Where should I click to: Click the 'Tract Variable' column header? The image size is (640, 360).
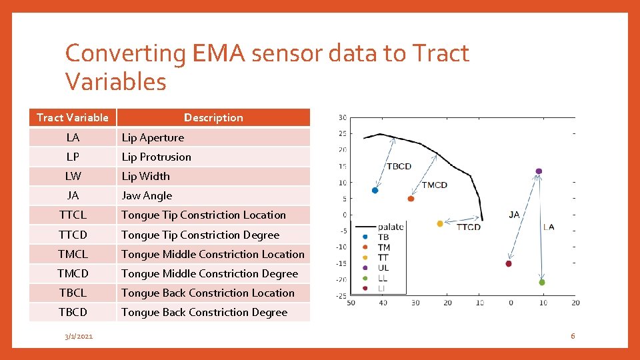click(x=73, y=117)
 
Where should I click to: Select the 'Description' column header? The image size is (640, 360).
click(x=213, y=117)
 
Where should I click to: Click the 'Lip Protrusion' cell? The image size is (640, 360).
click(x=156, y=157)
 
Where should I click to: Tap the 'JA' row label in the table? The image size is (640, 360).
click(x=73, y=195)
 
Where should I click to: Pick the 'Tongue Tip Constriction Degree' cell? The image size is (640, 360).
click(x=200, y=235)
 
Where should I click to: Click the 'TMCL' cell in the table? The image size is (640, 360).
click(x=73, y=254)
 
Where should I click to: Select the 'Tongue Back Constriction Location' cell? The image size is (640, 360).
click(x=207, y=293)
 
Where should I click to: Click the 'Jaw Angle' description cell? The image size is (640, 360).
click(x=147, y=195)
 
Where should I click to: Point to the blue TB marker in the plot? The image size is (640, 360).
click(x=375, y=190)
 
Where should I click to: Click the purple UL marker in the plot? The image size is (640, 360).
click(x=539, y=171)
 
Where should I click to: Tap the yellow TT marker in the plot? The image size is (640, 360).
click(x=440, y=223)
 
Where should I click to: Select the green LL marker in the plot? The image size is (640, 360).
click(x=542, y=282)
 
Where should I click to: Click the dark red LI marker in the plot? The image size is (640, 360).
click(x=509, y=263)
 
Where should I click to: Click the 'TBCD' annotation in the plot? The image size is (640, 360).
click(x=399, y=166)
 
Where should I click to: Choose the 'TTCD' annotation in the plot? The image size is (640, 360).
click(x=468, y=227)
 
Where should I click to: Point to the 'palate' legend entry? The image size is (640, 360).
click(x=390, y=227)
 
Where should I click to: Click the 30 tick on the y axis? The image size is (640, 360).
click(x=342, y=118)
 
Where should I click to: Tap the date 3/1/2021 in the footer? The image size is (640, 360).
click(x=79, y=336)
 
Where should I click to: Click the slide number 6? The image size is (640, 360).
click(x=572, y=336)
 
